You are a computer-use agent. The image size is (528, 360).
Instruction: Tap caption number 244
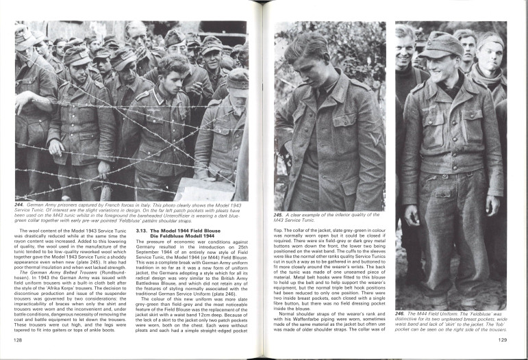click(21, 204)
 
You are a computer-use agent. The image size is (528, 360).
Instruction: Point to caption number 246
click(401, 313)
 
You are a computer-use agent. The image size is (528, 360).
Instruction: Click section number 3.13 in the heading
click(142, 231)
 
